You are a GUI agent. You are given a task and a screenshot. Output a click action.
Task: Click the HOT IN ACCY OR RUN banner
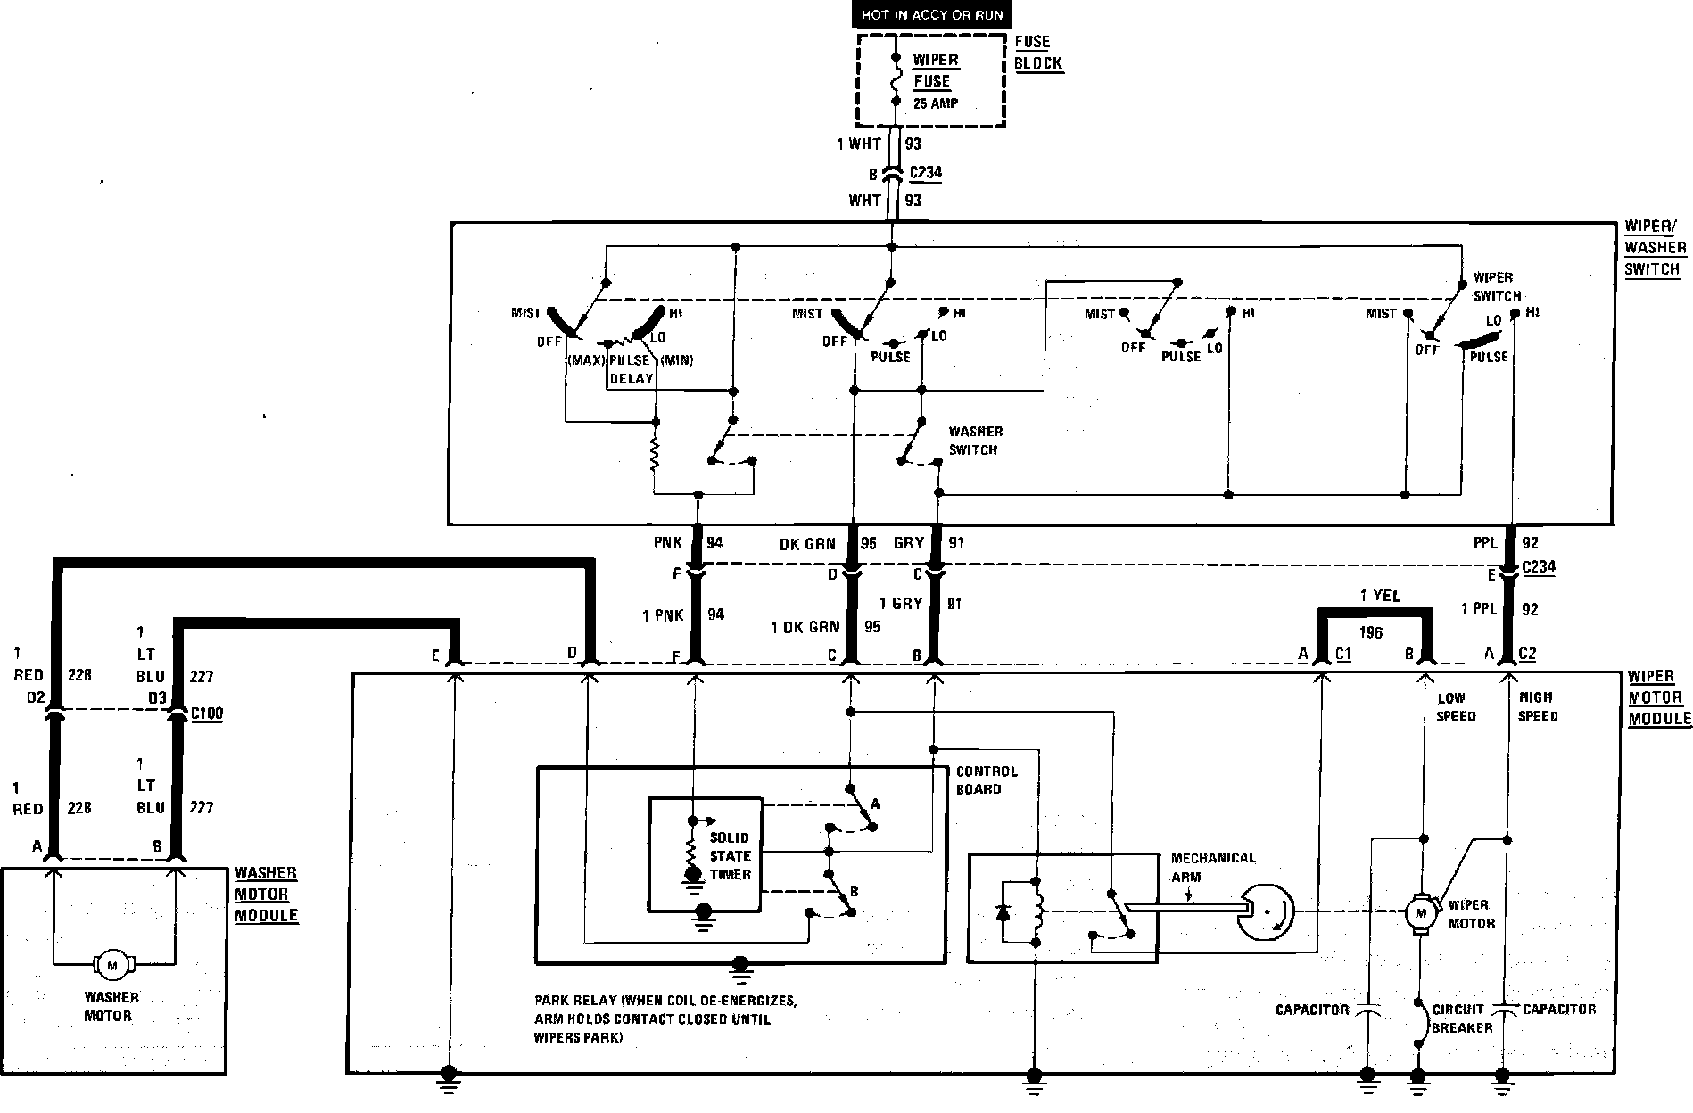click(932, 14)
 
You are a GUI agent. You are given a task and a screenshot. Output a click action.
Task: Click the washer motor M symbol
click(112, 964)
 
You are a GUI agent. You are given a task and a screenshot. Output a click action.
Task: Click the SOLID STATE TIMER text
click(731, 856)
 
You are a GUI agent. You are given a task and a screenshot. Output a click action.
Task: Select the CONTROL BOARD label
click(987, 780)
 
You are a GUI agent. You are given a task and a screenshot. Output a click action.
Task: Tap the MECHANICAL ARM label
click(1213, 867)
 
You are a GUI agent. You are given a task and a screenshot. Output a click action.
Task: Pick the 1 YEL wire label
click(1380, 595)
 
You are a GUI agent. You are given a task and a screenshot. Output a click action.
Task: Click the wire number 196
click(1371, 632)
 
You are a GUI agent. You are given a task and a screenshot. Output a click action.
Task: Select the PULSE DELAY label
click(631, 369)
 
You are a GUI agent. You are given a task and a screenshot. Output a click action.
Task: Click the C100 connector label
click(207, 713)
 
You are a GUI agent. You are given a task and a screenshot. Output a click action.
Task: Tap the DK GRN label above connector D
click(807, 543)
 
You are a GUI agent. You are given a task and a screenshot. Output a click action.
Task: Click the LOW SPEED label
click(1456, 707)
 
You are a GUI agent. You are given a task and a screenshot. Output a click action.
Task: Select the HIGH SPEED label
click(1538, 706)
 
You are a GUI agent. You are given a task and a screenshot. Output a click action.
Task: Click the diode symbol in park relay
click(1004, 912)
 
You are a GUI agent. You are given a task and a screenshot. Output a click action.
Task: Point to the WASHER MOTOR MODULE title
click(265, 894)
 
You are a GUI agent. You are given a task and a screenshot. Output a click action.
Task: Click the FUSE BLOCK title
click(1038, 53)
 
